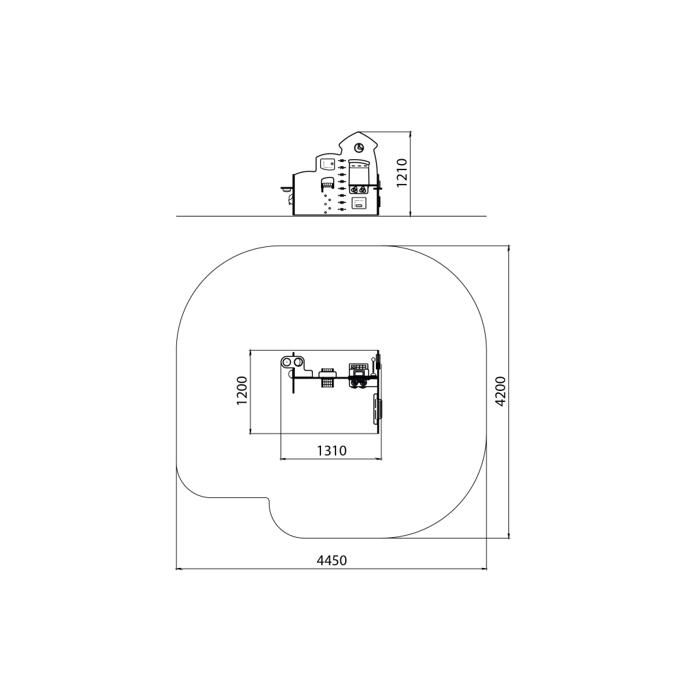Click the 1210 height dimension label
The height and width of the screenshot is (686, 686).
402,172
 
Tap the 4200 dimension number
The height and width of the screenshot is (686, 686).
501,391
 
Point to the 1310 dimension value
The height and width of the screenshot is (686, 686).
331,450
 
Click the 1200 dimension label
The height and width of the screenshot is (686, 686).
242,390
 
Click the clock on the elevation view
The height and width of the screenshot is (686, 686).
359,148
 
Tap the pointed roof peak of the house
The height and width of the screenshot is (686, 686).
359,132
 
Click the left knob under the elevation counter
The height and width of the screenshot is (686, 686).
355,189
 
